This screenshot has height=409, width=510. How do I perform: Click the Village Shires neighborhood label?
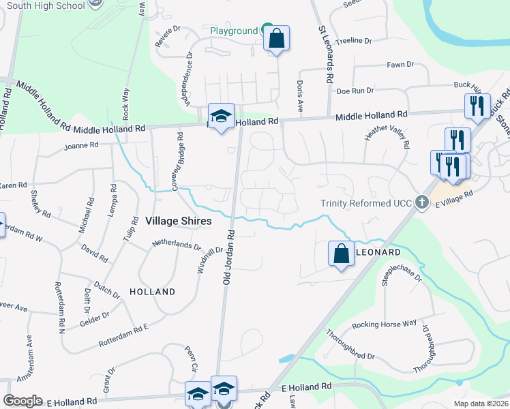click(178, 221)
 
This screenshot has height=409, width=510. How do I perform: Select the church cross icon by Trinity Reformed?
click(422, 202)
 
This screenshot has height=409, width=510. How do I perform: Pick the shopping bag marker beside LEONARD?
click(341, 254)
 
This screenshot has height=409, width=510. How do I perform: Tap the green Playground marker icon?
click(268, 30)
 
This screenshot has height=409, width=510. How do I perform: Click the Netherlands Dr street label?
click(177, 243)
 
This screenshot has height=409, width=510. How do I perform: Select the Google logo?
click(22, 400)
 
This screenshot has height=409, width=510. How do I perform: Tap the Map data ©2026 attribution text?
click(479, 404)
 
